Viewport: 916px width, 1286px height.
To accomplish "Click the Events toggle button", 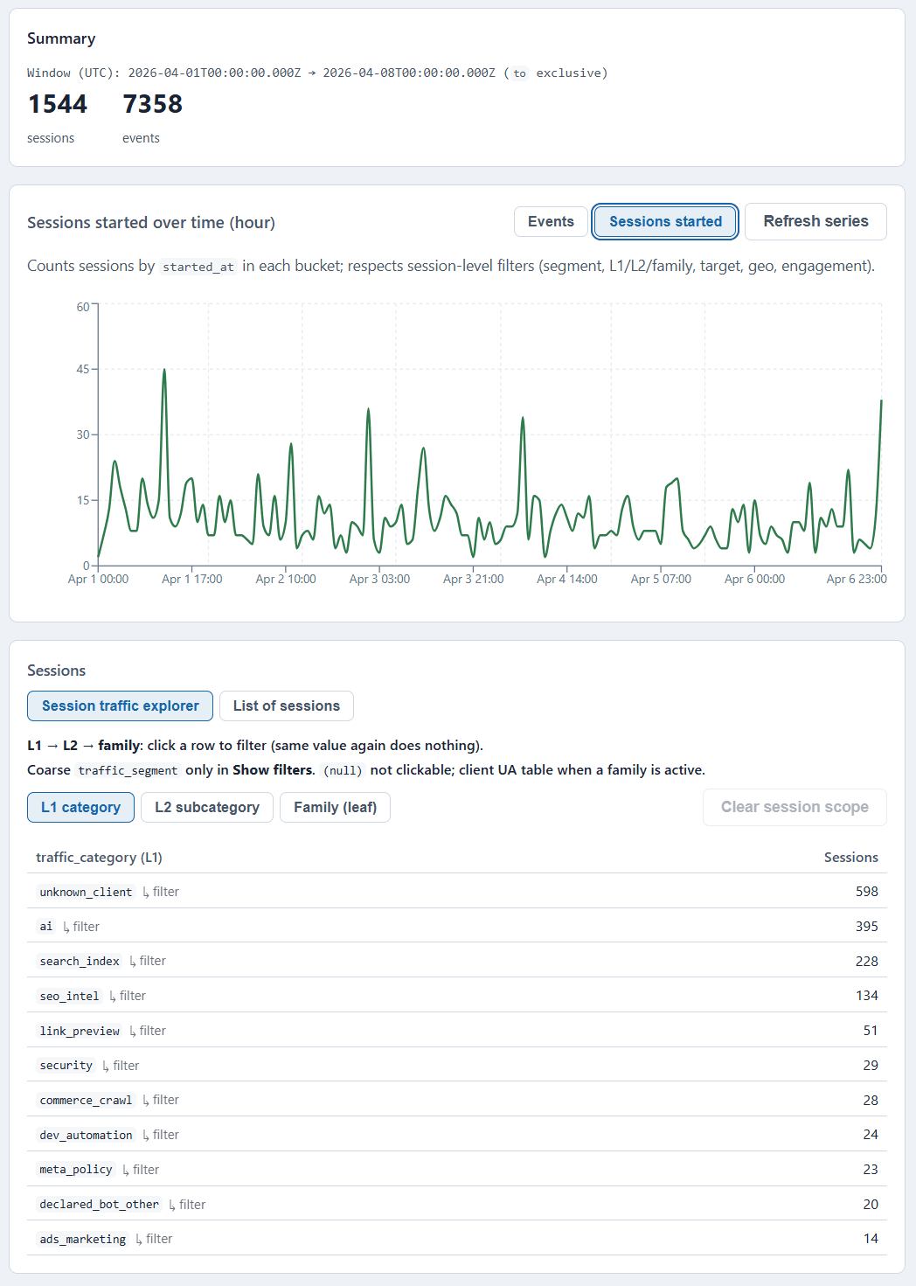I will coord(551,222).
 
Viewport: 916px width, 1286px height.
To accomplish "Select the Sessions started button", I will coord(665,222).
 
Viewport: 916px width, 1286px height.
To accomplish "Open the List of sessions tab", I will coord(286,706).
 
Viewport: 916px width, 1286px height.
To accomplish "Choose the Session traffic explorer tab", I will coord(121,706).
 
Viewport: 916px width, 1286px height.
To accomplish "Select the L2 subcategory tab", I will coord(207,808).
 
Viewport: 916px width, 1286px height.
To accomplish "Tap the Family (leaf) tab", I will coord(335,808).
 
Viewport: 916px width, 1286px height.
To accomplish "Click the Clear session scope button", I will coord(794,808).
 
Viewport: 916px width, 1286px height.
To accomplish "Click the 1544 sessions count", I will coord(58,104).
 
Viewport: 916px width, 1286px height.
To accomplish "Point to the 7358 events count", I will coord(153,104).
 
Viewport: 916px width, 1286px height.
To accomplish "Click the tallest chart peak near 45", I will coord(164,371).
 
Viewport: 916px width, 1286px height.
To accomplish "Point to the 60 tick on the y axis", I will coord(83,307).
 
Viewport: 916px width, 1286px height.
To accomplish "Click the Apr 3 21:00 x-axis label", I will coord(473,580).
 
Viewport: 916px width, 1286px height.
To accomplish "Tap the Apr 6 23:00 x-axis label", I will coord(856,580).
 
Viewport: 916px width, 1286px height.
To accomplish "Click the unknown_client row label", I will coord(86,893).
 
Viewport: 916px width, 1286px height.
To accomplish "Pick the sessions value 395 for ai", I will coord(866,927).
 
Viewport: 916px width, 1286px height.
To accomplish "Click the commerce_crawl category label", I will coord(86,1101).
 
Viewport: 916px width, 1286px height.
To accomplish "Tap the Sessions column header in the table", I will coord(850,858).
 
